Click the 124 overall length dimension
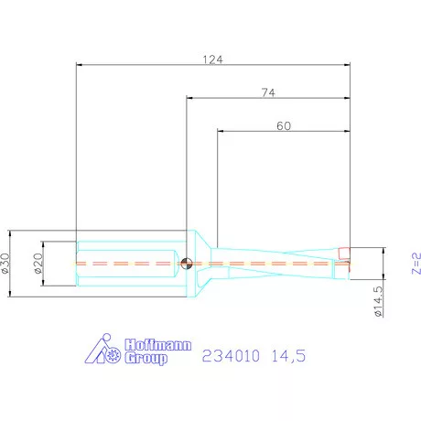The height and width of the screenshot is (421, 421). click(213, 59)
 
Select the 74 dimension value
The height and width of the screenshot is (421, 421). click(268, 92)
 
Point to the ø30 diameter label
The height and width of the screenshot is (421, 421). click(6, 263)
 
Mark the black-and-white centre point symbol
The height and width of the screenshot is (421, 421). click(187, 263)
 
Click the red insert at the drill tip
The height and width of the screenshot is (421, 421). click(343, 254)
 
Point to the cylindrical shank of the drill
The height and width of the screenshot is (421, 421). click(128, 263)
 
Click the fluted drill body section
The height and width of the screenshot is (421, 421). click(284, 262)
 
